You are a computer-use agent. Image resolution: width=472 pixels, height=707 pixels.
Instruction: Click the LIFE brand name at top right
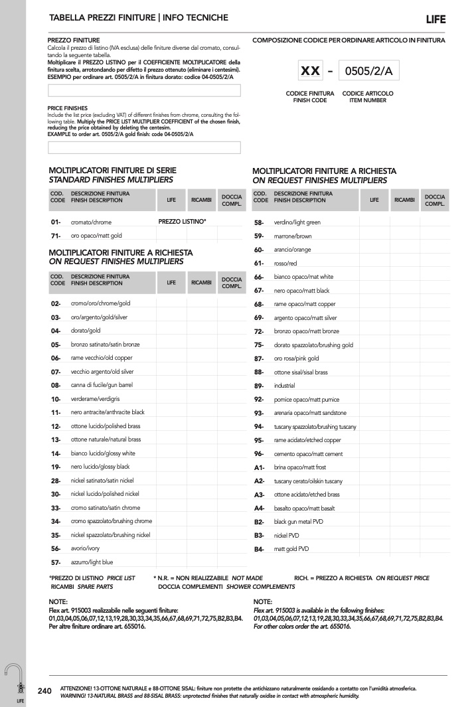tap(436, 19)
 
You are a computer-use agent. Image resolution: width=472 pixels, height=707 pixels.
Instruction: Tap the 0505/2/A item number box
tap(364, 70)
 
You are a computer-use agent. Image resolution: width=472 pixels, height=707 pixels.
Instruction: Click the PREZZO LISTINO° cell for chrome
tap(182, 220)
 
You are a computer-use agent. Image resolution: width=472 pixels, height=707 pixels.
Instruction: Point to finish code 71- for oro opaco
tap(56, 235)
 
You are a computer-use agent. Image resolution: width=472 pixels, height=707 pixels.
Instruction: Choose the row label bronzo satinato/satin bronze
tap(105, 345)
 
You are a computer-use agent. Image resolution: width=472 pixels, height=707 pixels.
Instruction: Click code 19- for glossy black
tap(56, 467)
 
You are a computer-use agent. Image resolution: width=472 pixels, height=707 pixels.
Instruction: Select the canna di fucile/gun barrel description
tap(102, 385)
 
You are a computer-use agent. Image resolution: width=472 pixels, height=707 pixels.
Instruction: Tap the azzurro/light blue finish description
tap(92, 562)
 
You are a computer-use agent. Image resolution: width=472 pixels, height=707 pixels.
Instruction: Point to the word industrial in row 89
tap(284, 385)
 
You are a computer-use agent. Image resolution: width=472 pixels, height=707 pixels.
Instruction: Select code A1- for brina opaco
tap(259, 467)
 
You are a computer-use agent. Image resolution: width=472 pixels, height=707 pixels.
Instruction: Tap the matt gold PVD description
tap(291, 549)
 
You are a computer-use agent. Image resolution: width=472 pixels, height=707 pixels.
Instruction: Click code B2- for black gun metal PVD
tap(259, 522)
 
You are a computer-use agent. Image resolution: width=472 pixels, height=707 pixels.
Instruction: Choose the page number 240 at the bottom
tap(45, 690)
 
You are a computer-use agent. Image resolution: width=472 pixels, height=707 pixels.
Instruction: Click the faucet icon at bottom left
tap(13, 677)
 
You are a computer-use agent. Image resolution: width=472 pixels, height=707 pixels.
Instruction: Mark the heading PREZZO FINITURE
tap(74, 40)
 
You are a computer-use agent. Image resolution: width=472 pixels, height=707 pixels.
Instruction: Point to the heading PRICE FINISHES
tap(68, 108)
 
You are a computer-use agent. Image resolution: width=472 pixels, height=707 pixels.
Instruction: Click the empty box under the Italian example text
tap(144, 90)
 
